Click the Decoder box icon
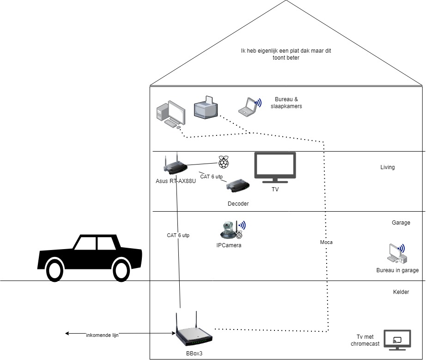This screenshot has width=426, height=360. (238, 185)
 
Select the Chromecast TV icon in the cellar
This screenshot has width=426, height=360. (397, 342)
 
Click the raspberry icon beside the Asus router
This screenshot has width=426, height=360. (224, 162)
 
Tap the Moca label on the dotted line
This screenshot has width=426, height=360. (326, 242)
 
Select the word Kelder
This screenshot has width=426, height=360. (401, 292)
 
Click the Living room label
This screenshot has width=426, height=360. (387, 167)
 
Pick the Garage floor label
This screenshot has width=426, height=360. (401, 223)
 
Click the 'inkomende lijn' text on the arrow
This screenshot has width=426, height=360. (102, 335)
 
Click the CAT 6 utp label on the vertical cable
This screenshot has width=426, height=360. (178, 235)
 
